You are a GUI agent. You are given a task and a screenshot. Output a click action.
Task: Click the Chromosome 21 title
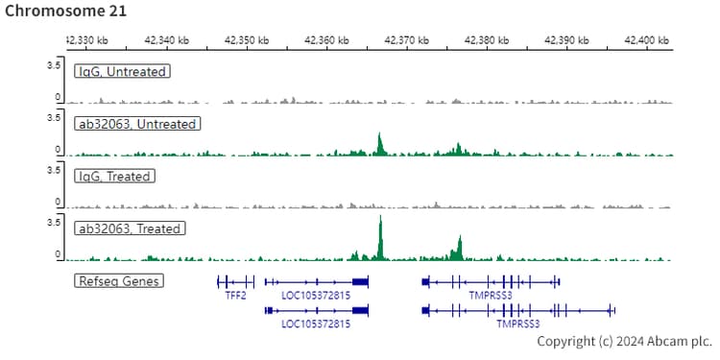64,12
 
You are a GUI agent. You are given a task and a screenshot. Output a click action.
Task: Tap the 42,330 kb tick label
86,39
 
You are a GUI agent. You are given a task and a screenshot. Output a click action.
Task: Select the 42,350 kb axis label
247,39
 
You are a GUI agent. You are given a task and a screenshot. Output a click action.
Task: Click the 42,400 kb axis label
646,39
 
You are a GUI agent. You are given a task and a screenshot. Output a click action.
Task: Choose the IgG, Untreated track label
122,72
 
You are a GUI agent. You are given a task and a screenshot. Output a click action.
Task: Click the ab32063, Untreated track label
136,124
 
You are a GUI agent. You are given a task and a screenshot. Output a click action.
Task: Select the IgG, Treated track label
114,177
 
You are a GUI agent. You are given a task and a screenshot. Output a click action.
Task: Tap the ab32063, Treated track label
130,228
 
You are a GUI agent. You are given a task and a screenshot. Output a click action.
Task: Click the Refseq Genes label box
118,281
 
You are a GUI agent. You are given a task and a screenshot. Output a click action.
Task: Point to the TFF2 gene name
235,296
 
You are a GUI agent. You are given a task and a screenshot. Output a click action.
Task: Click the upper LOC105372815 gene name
316,296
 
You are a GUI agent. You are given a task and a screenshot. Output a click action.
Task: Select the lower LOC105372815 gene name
316,324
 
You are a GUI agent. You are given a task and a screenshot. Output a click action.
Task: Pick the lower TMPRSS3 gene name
517,324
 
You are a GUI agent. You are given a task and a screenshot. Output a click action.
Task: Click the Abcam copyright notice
625,342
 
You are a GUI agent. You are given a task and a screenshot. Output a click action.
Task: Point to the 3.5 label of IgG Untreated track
55,64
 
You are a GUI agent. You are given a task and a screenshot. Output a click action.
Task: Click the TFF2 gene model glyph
235,281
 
